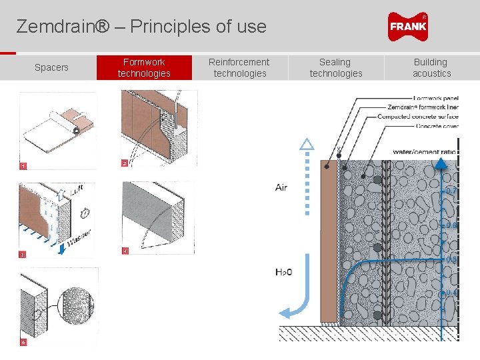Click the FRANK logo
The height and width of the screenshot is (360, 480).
[x=407, y=27]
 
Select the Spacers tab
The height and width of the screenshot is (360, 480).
[x=51, y=67]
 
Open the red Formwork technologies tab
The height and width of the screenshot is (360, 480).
[x=144, y=67]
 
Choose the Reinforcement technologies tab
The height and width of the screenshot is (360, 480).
[x=239, y=67]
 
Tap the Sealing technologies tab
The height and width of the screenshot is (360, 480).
[x=336, y=67]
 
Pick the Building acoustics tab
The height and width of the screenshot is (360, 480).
[x=431, y=67]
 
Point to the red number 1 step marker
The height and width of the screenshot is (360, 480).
[x=23, y=165]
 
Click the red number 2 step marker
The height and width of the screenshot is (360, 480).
[x=124, y=163]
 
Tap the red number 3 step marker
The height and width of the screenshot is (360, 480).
[x=23, y=254]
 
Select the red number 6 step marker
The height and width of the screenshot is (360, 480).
[x=23, y=342]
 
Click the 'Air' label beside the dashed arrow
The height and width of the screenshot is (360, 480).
[x=281, y=187]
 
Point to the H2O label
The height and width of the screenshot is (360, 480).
[x=283, y=271]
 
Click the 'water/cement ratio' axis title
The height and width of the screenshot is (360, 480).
[x=425, y=152]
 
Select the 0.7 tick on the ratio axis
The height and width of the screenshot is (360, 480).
[x=451, y=191]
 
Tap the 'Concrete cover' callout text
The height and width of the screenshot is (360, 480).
[x=437, y=125]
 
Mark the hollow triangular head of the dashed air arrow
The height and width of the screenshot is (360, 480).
[x=307, y=143]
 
